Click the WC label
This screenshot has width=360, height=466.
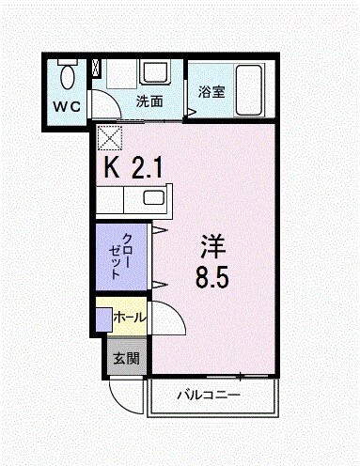(67, 105)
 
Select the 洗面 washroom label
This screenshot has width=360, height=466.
(149, 100)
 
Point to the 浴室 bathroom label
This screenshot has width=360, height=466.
(211, 91)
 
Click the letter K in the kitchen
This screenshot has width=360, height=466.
(112, 169)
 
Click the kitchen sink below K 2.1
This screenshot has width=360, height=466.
(150, 199)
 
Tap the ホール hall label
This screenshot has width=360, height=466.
(129, 318)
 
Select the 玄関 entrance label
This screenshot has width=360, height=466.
(126, 358)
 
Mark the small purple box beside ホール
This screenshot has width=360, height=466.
(102, 319)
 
